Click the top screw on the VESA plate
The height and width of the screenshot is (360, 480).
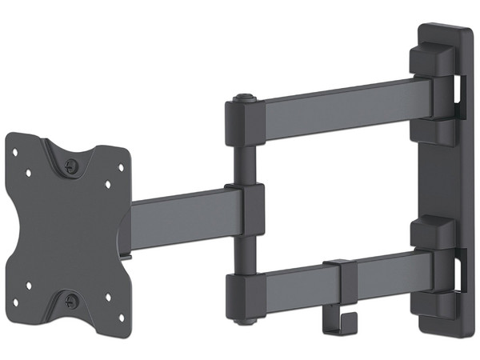pyautogui.click(x=73, y=166)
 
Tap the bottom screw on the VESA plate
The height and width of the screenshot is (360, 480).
pyautogui.click(x=73, y=302)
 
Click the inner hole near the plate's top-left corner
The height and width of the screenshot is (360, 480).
pyautogui.click(x=27, y=171)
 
